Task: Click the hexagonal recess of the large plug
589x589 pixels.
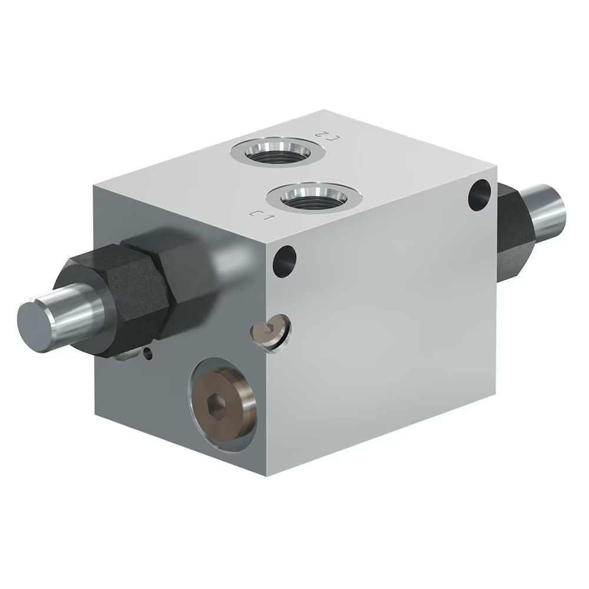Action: point(216,405)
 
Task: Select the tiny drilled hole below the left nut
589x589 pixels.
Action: point(148,353)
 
